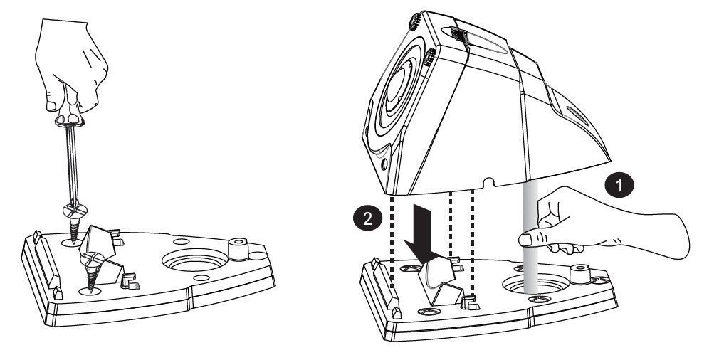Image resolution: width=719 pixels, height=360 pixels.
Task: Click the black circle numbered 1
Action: (619, 186)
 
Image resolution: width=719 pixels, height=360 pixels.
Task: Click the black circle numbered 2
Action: (367, 219)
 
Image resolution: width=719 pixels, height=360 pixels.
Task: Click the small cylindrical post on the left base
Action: (238, 249)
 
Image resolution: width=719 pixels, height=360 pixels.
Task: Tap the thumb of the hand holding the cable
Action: (532, 238)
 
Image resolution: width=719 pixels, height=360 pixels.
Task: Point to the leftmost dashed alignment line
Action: (392, 242)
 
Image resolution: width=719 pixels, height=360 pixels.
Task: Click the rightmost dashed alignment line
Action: (472, 242)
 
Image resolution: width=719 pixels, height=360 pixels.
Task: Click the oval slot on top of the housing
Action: (475, 41)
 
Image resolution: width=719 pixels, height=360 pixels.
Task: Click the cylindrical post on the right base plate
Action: (579, 275)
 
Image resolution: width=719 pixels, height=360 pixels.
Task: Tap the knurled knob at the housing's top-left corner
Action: (414, 21)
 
